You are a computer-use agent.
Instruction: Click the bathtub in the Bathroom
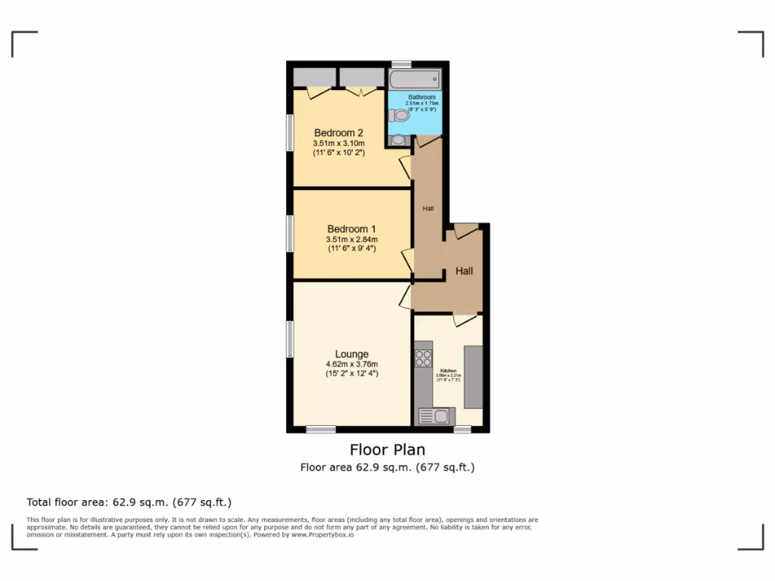point(414,79)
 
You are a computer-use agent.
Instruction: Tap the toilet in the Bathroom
point(397,116)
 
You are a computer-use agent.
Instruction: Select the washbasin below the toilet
point(399,139)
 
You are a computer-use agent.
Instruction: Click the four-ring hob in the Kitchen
point(423,358)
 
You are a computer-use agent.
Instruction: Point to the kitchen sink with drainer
point(434,415)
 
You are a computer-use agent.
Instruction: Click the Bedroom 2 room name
point(338,133)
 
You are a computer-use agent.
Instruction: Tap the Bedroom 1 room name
point(351,229)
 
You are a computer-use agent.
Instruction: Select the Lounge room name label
point(352,354)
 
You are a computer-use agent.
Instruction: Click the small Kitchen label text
point(448,371)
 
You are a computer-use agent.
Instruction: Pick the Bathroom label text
point(422,98)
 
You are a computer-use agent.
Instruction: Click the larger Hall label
point(464,270)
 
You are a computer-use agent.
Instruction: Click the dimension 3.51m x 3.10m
point(338,143)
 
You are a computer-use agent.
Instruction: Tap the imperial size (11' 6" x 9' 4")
point(351,248)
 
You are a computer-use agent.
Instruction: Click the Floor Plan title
point(387,450)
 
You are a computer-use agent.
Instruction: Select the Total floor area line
point(129,502)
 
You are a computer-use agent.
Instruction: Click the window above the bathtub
point(401,64)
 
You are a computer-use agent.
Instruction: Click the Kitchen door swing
point(465,322)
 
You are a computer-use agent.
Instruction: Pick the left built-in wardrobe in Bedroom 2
point(314,76)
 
